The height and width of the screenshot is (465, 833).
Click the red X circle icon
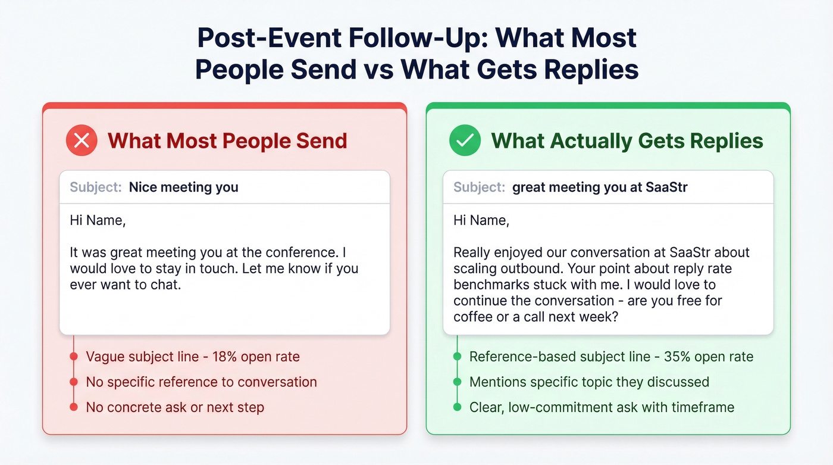click(82, 141)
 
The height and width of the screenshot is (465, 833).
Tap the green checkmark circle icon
click(465, 141)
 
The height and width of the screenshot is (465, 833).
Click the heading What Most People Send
click(227, 141)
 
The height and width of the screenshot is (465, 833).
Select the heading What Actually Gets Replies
click(627, 141)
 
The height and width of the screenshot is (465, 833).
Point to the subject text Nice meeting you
click(183, 187)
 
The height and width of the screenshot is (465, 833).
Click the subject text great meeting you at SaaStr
click(600, 187)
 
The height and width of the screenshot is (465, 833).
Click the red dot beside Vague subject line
click(74, 357)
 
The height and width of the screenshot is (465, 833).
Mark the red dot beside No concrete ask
click(74, 407)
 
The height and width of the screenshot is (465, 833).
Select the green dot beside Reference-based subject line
click(457, 357)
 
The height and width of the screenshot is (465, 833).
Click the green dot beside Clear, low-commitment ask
click(457, 407)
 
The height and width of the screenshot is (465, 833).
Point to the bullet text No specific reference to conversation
click(201, 382)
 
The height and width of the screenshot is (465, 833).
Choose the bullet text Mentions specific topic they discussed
click(589, 382)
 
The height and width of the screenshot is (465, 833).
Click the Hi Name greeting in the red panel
click(98, 220)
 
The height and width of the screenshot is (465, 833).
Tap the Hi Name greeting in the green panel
click(481, 220)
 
